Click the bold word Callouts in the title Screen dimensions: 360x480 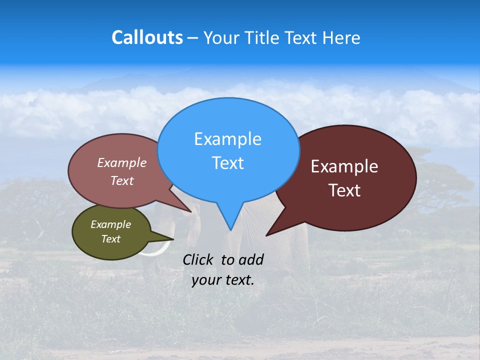[147, 37]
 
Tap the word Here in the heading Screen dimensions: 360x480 [342, 37]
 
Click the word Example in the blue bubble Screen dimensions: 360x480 [227, 139]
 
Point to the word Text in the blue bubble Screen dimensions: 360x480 [227, 163]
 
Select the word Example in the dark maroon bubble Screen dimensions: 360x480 [344, 166]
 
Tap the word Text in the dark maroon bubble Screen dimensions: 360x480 [344, 190]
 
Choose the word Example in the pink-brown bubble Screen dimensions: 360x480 [121, 162]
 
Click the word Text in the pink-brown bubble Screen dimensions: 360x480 [121, 180]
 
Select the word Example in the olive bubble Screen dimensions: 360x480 [110, 224]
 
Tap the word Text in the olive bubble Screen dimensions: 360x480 [110, 239]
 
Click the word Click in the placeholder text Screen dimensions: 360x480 [198, 259]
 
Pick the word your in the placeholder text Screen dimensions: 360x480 [206, 280]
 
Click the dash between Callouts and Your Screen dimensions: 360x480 [193, 37]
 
